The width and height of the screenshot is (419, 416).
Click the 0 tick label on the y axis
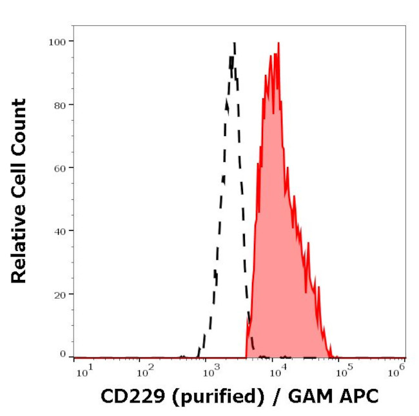click(63, 354)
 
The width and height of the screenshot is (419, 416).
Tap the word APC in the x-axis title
click(361, 397)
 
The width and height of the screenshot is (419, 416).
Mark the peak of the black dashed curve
click(234, 44)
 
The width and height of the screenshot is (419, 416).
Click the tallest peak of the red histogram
click(278, 43)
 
